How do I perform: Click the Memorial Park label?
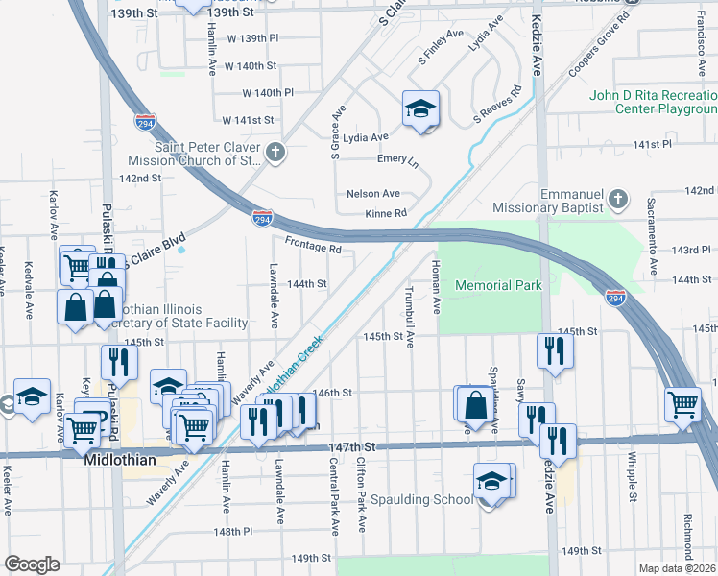pos(498,285)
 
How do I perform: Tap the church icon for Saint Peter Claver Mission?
pos(275,153)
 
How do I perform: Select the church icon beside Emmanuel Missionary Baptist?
pos(618,199)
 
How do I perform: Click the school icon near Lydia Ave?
pos(419,111)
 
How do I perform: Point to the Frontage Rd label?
pos(314,246)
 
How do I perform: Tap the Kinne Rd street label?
pos(387,212)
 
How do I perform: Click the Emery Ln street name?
pos(398,159)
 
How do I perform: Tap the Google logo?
pos(31,564)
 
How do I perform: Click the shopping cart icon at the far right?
pos(682,404)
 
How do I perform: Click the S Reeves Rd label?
pos(496,106)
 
